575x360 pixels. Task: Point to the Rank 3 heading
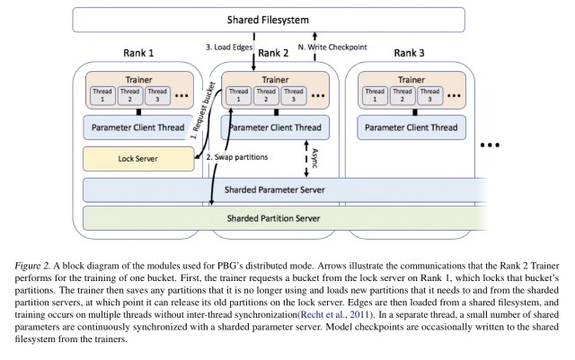pos(412,52)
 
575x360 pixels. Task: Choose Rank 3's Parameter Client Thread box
pos(411,127)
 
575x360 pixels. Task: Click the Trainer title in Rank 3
pos(411,77)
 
